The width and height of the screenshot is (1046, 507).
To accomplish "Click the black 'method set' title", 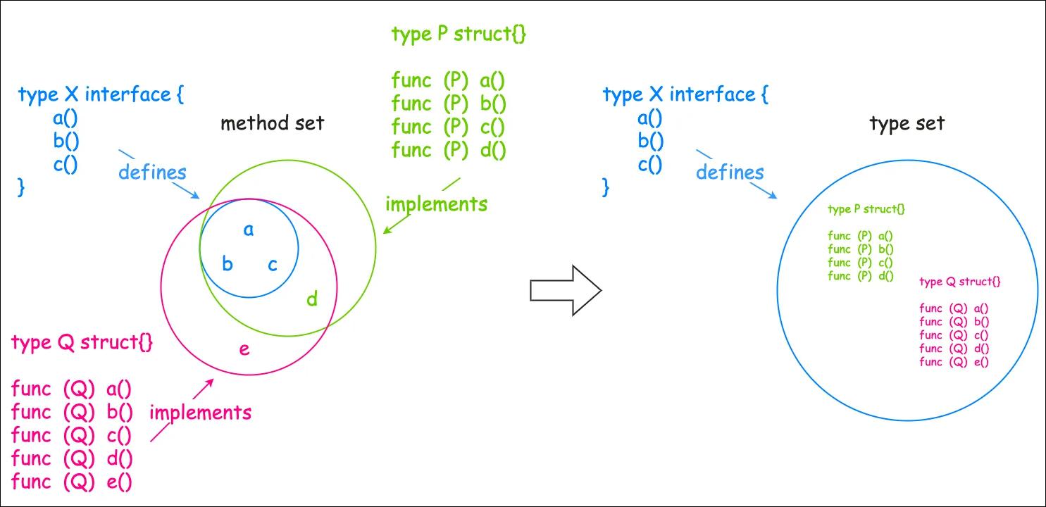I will point(272,124).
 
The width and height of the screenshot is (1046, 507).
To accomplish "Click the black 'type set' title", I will point(907,125).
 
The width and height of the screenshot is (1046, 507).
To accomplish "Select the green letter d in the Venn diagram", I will point(312,299).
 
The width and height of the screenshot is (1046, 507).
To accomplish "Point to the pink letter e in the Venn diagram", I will point(244,349).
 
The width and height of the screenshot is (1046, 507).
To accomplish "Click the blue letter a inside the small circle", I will point(248,230).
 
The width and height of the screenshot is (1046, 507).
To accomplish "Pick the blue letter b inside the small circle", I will point(228,265).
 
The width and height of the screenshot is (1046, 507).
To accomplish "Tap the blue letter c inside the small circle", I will point(273,265).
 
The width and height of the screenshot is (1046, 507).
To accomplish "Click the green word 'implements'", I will point(436,205).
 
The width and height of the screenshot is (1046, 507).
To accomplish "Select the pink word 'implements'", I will point(200,413).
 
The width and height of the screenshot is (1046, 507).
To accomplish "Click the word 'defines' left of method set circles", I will point(152,172).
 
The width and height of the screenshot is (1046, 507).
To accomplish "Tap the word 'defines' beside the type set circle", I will point(730,172).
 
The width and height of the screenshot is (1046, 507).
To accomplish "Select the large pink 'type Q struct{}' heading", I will point(82,343).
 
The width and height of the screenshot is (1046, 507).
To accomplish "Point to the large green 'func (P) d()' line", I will point(449,150).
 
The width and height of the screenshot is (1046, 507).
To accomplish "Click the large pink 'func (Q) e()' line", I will point(72,482).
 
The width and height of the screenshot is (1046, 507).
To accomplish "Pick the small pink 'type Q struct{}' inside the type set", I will point(959,282).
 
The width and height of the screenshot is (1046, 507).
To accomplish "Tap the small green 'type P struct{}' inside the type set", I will point(866,209).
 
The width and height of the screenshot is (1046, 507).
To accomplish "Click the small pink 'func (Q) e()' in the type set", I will point(954,362).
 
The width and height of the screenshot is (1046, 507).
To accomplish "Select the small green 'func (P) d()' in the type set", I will point(861,276).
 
